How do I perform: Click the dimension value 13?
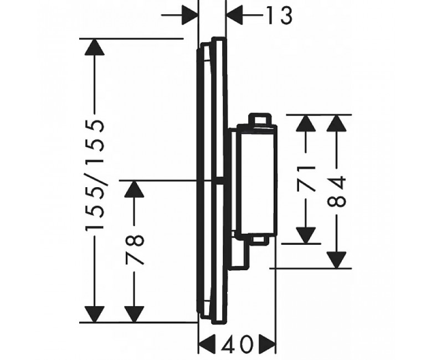tap(279, 16)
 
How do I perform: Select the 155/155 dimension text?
tap(95, 175)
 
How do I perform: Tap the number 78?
tap(135, 250)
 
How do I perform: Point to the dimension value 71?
tap(306, 178)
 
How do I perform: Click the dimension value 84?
tap(336, 192)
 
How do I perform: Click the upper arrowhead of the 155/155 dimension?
tap(95, 47)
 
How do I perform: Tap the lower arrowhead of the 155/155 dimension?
tap(95, 314)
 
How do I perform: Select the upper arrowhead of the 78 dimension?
tap(134, 189)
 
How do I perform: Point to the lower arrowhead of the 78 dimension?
tap(134, 314)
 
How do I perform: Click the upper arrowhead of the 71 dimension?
tap(306, 123)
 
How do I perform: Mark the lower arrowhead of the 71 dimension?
tap(306, 235)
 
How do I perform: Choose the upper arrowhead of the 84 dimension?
tap(336, 123)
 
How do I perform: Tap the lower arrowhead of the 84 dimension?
tap(336, 260)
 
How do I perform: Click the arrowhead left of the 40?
tap(207, 344)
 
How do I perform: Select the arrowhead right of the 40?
tap(267, 344)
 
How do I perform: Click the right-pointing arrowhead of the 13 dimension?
tap(190, 15)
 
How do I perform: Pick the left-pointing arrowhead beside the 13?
tap(234, 15)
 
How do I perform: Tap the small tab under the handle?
tap(259, 240)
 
